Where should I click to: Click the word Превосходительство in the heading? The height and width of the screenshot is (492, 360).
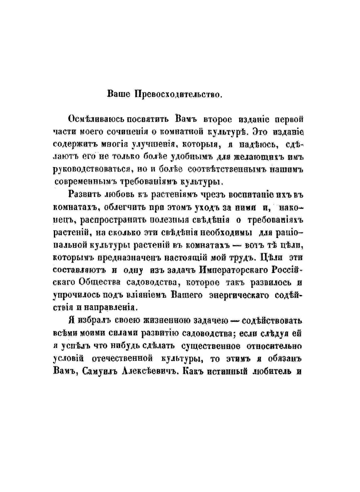point(178,94)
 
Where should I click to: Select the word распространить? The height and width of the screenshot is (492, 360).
point(113,220)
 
